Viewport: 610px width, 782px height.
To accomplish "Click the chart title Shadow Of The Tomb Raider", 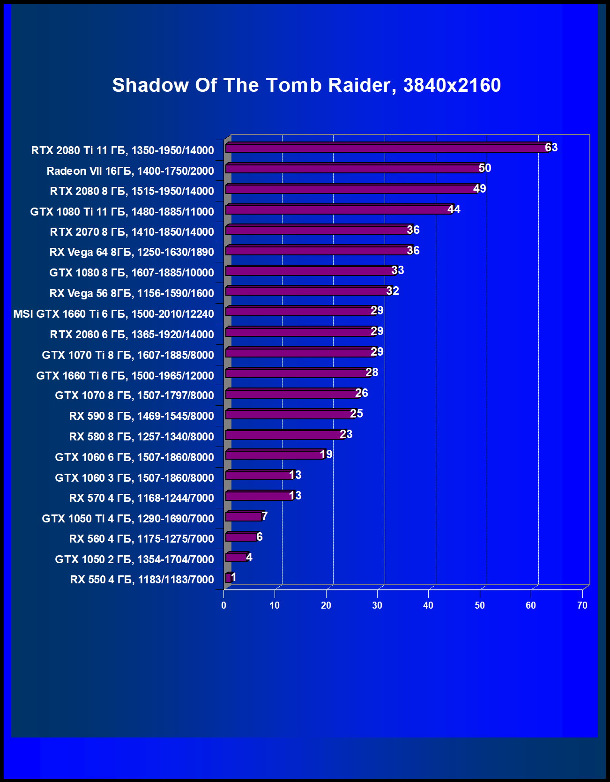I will point(306,85).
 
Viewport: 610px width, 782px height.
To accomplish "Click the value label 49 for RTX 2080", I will point(479,189).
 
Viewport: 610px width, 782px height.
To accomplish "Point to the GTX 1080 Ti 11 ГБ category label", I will point(122,212).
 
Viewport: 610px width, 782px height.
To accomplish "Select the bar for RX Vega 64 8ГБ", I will point(318,251).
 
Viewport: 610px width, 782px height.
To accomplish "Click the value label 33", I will point(397,270).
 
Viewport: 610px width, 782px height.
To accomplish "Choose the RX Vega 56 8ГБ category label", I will point(131,293).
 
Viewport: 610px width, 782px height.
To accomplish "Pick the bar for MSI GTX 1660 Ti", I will point(300,312).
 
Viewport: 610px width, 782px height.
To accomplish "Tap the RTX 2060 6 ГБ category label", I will point(132,335).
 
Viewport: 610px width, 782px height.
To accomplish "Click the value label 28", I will point(372,372).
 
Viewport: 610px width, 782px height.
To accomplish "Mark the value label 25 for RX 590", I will point(357,414).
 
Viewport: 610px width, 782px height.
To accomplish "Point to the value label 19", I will point(326,454).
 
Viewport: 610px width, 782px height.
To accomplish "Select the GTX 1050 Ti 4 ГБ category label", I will point(127,519).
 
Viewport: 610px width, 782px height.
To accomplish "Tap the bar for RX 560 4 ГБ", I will point(241,537).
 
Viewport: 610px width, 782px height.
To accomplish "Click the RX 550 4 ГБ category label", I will point(142,580).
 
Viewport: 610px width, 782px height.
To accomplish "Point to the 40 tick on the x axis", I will point(428,605).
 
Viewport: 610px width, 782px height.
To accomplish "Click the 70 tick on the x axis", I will point(582,605).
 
